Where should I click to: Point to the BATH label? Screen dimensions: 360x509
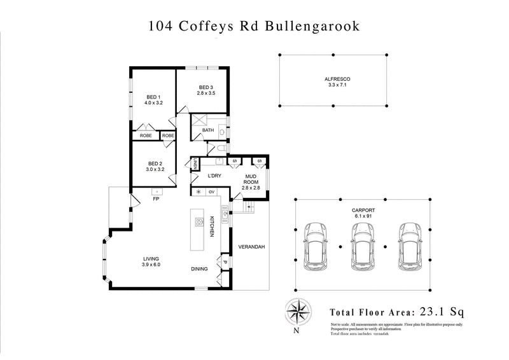coord(208,130)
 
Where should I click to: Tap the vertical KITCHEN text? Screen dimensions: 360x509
coord(213,228)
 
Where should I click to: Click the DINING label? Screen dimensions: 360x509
coord(200,269)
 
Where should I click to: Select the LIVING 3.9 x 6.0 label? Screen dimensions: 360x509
coord(151,261)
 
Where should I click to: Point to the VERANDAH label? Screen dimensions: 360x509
coord(251,247)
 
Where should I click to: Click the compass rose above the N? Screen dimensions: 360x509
coord(296,312)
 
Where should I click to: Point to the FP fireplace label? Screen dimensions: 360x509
coord(155,199)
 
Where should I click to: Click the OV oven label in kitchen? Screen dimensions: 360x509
coord(211,191)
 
